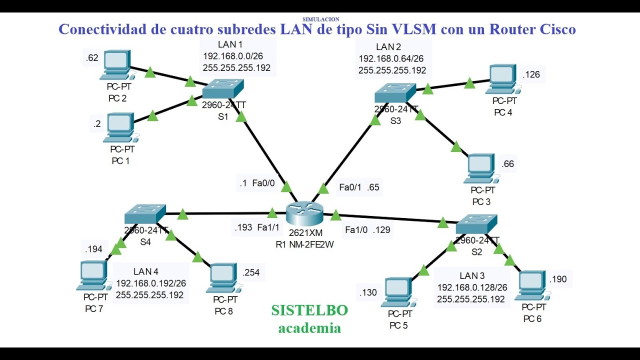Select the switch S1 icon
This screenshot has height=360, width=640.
click(x=223, y=89)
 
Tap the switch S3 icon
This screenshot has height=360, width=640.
click(x=395, y=93)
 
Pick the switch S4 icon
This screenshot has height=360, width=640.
click(x=145, y=214)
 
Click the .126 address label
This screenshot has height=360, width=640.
click(x=531, y=75)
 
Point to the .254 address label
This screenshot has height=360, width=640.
click(x=251, y=272)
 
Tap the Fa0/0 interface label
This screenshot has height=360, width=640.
click(x=263, y=183)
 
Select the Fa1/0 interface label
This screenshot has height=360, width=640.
click(x=356, y=230)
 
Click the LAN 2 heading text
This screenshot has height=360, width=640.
click(x=388, y=47)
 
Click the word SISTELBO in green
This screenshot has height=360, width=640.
click(x=309, y=310)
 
